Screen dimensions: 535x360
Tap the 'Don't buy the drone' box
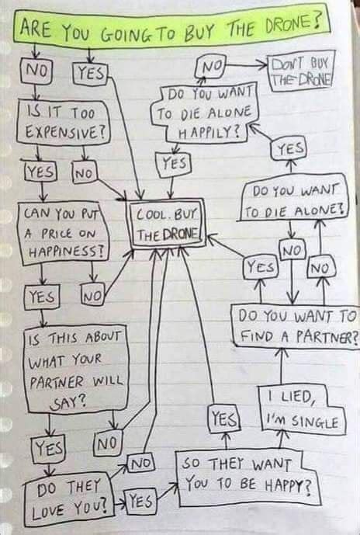pos(299,71)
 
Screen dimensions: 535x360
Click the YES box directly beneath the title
pos(92,75)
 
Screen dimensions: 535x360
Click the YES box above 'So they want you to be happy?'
pos(223,419)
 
